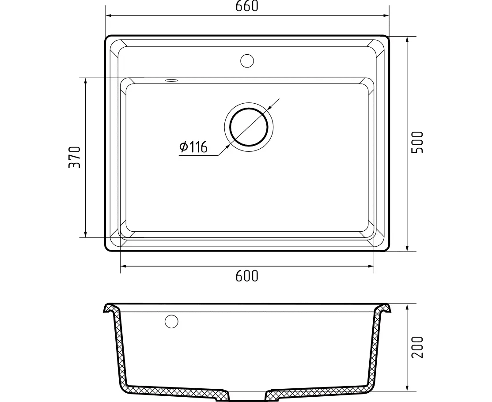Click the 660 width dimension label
coord(247,6)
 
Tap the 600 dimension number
coord(246,276)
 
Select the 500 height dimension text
coord(417,143)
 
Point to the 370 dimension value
coord(75,157)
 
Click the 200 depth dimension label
coord(417,347)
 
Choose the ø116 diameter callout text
coord(193,147)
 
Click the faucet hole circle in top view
coord(247,61)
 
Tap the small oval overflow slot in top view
coord(171,80)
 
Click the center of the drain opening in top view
coord(249,127)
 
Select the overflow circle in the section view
coord(171,321)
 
